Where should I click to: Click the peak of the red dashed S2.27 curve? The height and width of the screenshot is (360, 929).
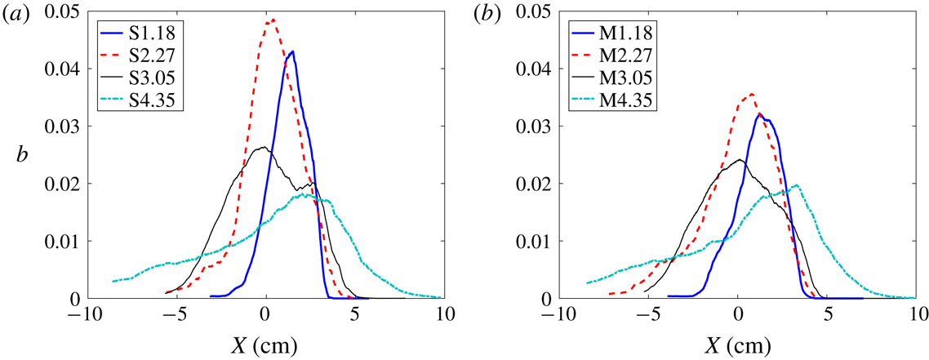(273, 20)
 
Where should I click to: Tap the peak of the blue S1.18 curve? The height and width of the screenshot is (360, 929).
(292, 51)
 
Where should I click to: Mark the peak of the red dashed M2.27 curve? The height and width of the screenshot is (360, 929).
(752, 93)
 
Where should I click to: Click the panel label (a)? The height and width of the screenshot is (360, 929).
(18, 13)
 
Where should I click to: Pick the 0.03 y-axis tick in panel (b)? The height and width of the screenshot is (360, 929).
(541, 127)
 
